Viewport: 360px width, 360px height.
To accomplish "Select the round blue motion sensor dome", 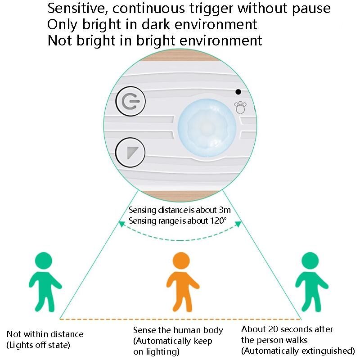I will [x=207, y=128].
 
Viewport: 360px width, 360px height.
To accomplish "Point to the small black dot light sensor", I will [x=238, y=92].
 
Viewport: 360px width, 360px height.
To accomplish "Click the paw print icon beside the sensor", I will [x=241, y=108].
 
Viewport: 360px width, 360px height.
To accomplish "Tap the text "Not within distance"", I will [x=45, y=334].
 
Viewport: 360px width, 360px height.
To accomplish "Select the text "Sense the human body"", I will [x=178, y=330].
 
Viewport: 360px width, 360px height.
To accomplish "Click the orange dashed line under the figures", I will [x=180, y=319].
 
